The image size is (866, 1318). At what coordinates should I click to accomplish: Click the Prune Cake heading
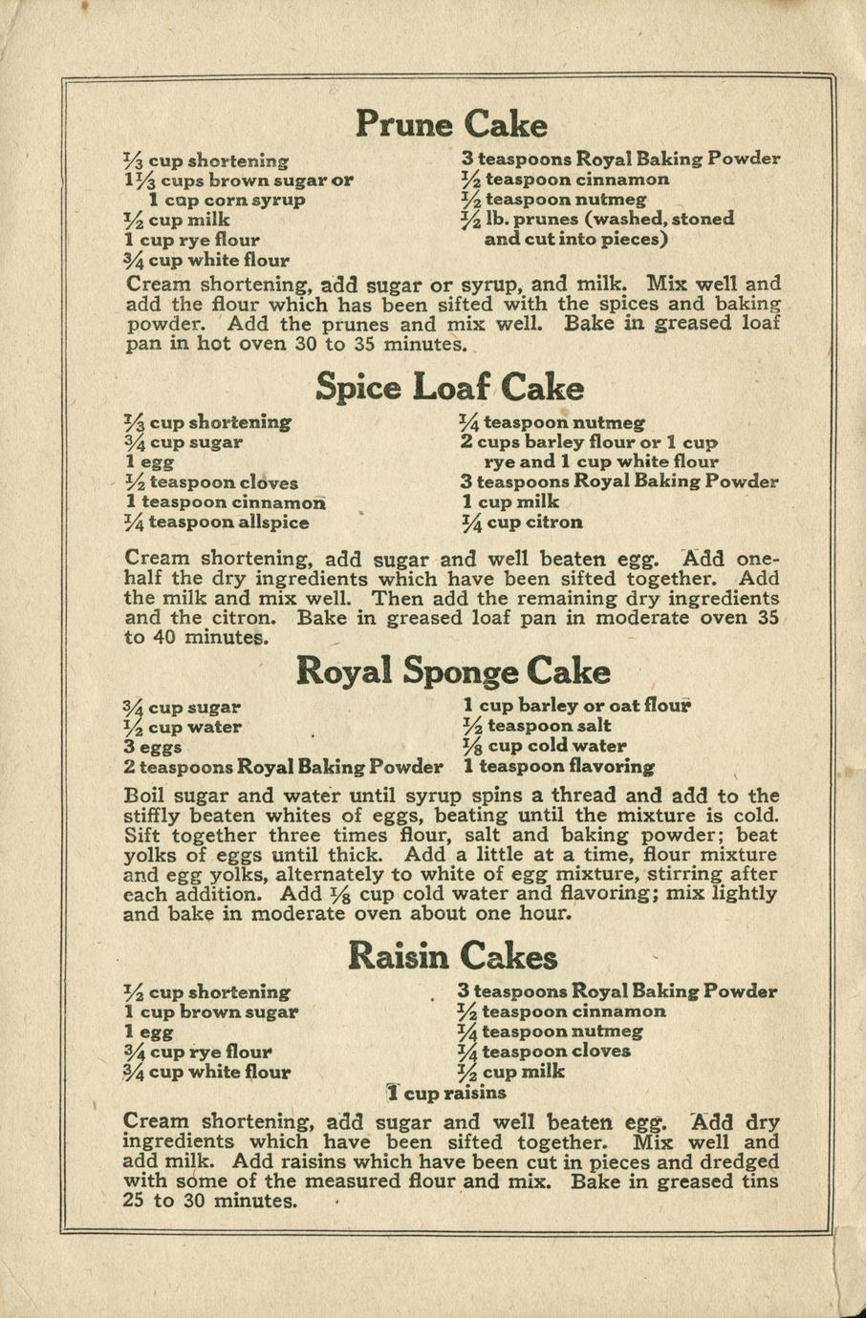click(451, 124)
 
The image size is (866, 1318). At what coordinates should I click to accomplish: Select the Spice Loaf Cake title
click(449, 388)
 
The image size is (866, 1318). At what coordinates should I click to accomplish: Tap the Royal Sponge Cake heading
click(453, 670)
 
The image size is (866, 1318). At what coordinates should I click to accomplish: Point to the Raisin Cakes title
click(452, 955)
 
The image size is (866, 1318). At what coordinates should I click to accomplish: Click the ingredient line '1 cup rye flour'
click(192, 240)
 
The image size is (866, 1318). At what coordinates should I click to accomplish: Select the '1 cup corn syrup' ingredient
click(227, 200)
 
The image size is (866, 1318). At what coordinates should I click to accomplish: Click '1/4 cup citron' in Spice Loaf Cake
click(521, 522)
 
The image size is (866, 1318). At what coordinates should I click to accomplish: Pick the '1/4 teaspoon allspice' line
click(217, 522)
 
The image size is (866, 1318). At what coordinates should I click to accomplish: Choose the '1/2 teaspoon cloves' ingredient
click(211, 482)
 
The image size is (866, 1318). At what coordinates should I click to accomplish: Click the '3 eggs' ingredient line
click(153, 747)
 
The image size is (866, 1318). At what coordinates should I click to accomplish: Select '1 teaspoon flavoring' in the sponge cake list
click(559, 766)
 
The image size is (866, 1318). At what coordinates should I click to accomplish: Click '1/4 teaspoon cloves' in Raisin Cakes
click(545, 1052)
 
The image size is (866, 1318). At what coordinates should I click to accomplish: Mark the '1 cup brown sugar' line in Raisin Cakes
click(211, 1011)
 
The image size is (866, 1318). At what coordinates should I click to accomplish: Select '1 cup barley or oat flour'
click(576, 706)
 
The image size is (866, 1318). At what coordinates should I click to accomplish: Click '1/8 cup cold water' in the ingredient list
click(544, 746)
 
